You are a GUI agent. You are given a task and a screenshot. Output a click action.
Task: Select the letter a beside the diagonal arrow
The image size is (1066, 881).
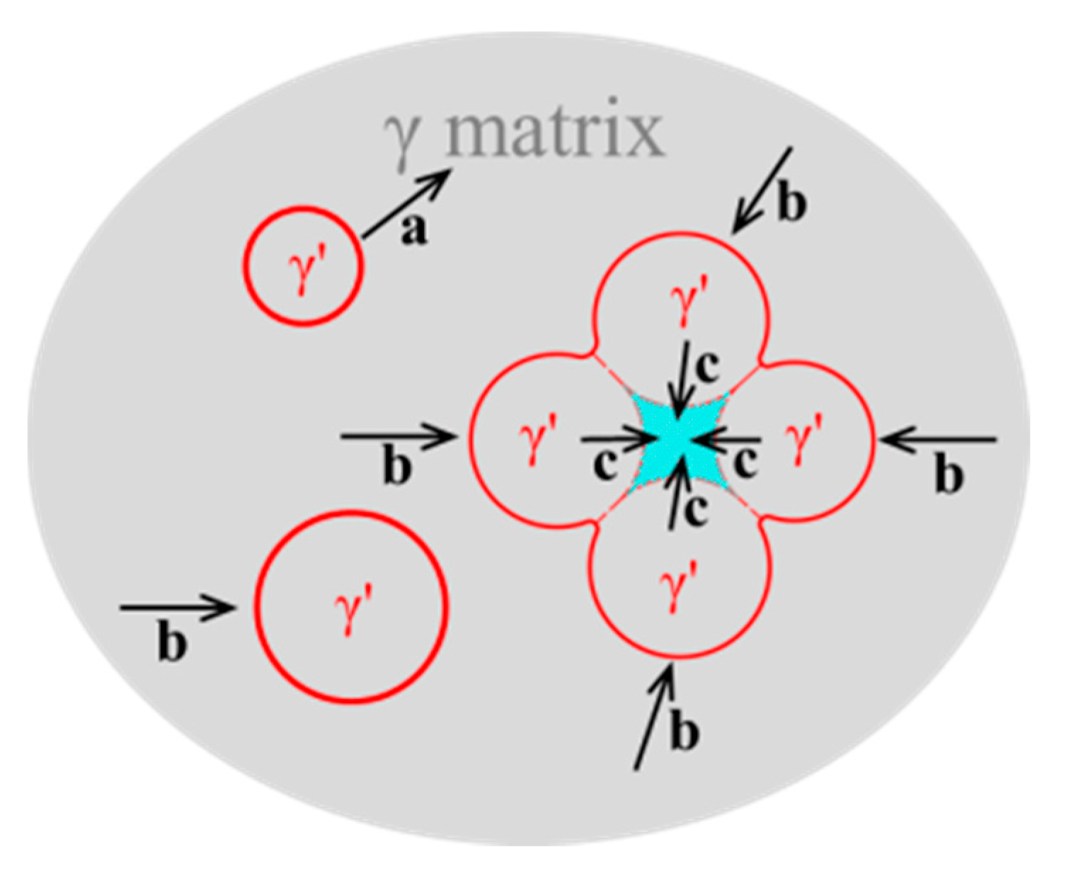pos(413,231)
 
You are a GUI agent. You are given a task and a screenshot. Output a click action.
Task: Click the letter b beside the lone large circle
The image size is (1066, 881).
pos(172,644)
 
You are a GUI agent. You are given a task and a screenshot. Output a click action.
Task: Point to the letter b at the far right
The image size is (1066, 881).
pos(948,476)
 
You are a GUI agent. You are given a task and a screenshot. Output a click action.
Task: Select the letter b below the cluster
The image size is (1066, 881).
pos(684,733)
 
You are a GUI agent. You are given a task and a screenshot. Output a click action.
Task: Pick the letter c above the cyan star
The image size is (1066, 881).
pos(706,366)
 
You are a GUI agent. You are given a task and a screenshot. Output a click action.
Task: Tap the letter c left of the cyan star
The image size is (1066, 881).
pos(603,466)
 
